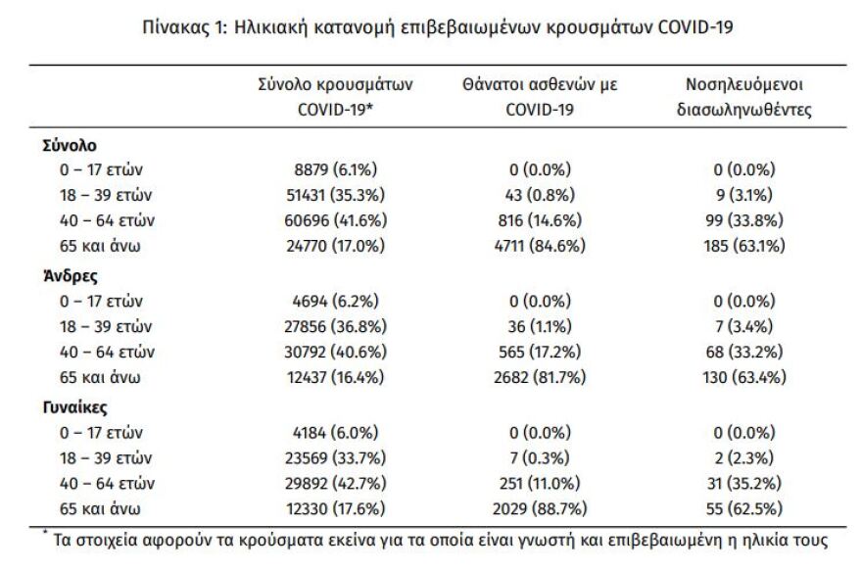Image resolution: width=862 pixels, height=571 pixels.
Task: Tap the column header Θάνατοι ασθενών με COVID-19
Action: [x=538, y=98]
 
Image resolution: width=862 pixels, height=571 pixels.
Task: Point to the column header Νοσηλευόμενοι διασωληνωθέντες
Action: [x=744, y=98]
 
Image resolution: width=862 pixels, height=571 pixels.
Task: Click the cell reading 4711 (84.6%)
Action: [x=538, y=246]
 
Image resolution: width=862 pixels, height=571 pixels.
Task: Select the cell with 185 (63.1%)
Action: [x=743, y=246]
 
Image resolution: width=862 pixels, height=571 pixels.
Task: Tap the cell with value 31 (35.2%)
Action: [x=743, y=482]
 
